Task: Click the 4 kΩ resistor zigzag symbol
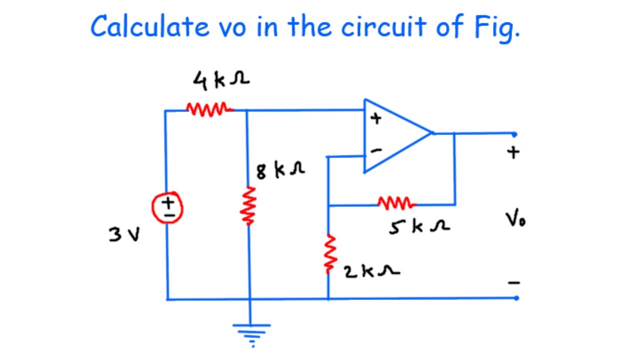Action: click(x=209, y=108)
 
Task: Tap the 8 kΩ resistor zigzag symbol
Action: click(x=248, y=205)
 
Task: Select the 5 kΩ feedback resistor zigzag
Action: click(x=396, y=203)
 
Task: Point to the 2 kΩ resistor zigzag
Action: click(x=328, y=254)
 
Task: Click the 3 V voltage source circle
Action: click(x=168, y=207)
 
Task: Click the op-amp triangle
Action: click(x=392, y=135)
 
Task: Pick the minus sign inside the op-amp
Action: click(x=377, y=149)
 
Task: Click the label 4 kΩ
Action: click(x=221, y=79)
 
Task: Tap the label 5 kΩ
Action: click(x=419, y=227)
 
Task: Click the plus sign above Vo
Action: click(x=513, y=152)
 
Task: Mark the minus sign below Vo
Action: click(x=514, y=283)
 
